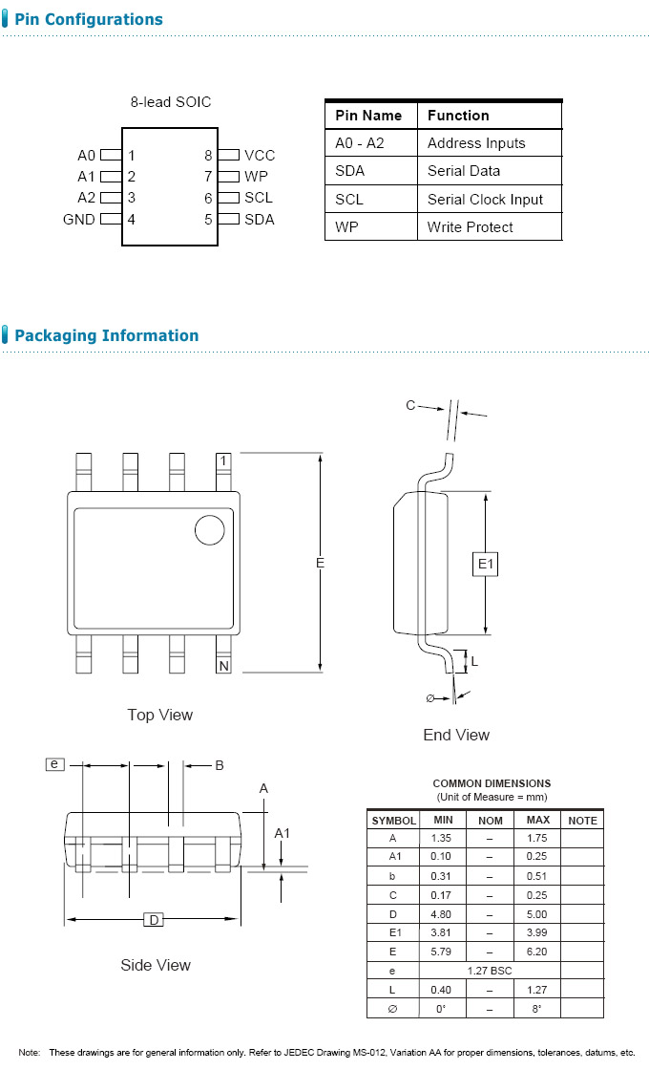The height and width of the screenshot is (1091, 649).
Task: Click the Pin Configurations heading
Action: (x=88, y=19)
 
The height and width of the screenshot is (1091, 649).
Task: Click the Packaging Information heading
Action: (x=106, y=335)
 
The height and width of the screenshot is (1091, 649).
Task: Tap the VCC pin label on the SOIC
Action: (x=259, y=156)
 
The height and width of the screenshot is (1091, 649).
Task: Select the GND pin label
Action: (x=79, y=220)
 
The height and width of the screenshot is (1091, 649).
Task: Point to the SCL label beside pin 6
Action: (x=259, y=198)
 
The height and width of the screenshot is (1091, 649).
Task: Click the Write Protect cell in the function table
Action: (x=470, y=227)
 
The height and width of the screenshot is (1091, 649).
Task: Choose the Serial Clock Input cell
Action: (x=485, y=200)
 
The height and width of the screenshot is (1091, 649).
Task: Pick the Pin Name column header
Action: (x=368, y=116)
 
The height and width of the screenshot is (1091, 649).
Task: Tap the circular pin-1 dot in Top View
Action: (x=210, y=529)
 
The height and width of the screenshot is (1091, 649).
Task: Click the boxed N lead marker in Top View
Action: (x=223, y=665)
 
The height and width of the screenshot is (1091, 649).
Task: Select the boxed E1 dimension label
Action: (x=486, y=565)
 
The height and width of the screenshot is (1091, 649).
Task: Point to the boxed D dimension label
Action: (x=153, y=919)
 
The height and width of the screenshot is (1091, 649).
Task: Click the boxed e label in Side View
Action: (x=54, y=763)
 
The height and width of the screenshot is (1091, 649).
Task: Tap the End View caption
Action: (x=456, y=735)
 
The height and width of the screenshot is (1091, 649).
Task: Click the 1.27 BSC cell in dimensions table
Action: (x=490, y=971)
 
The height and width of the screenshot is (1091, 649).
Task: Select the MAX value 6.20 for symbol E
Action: (x=537, y=952)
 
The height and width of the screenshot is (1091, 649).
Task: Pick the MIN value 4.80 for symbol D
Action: (x=442, y=913)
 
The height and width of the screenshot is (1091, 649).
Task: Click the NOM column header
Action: (x=490, y=820)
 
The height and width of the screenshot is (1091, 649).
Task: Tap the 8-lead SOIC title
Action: (x=171, y=101)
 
